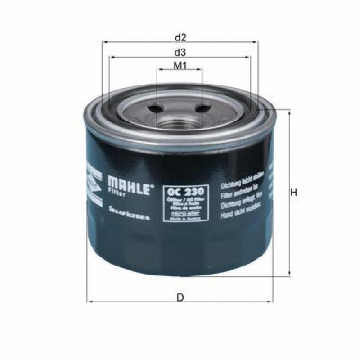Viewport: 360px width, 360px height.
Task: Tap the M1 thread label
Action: pos(180,66)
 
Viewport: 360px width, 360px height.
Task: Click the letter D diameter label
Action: pos(180,297)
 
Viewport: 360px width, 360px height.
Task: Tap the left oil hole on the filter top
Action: pos(154,108)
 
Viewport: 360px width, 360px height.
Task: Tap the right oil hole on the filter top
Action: pos(203,108)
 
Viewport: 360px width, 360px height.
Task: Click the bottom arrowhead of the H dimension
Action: pos(289,273)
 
